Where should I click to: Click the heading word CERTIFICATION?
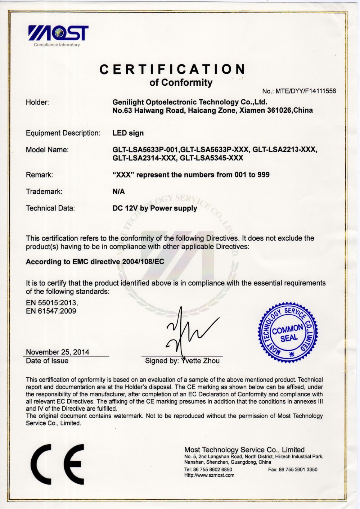point(172,69)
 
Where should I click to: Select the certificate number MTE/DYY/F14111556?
point(305,91)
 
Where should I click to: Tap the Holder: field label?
point(37,103)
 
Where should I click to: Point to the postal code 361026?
point(280,111)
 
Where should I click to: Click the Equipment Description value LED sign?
point(128,133)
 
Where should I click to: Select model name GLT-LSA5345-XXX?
point(211,158)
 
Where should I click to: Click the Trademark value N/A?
point(118,192)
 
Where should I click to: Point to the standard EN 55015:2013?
point(51,303)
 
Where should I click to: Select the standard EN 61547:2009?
point(51,311)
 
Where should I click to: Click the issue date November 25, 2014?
point(58,352)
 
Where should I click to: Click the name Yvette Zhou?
point(201,361)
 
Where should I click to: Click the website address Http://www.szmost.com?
point(209,475)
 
